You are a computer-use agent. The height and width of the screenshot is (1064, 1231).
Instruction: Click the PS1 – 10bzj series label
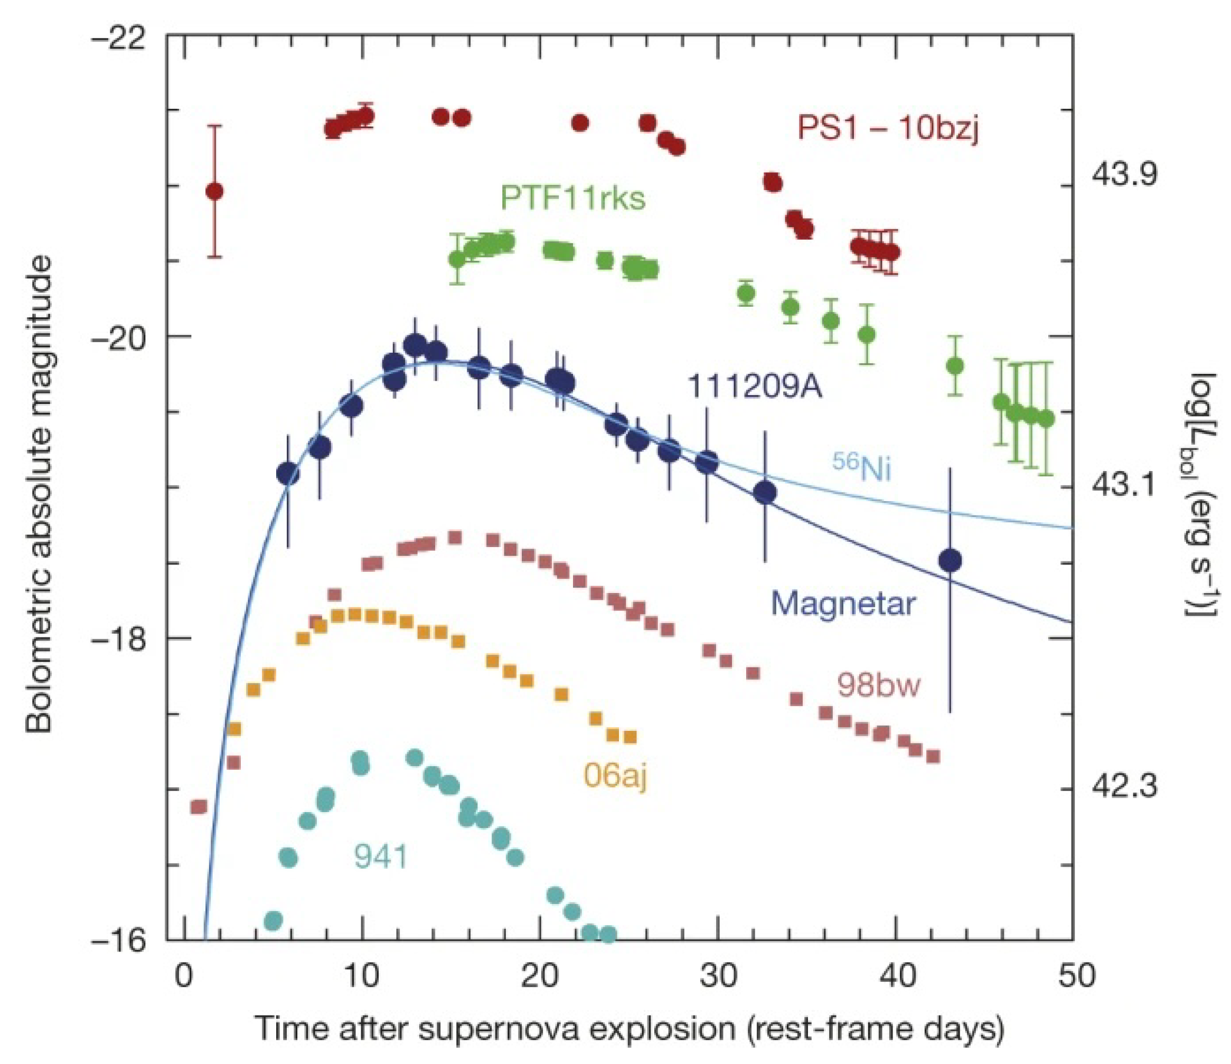[887, 128]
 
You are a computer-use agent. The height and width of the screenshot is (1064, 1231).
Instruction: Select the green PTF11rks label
[572, 198]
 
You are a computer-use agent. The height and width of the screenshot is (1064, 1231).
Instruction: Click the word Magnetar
[842, 604]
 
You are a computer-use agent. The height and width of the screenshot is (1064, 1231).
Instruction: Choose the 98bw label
[879, 685]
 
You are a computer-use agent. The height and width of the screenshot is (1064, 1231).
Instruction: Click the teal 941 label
[381, 856]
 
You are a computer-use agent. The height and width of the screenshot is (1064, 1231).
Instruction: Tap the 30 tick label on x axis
[718, 976]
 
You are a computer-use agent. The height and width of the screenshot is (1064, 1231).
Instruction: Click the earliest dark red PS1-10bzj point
[214, 191]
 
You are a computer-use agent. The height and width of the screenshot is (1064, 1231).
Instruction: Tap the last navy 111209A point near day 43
[951, 560]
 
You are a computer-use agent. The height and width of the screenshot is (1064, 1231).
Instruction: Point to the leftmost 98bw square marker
[199, 806]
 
